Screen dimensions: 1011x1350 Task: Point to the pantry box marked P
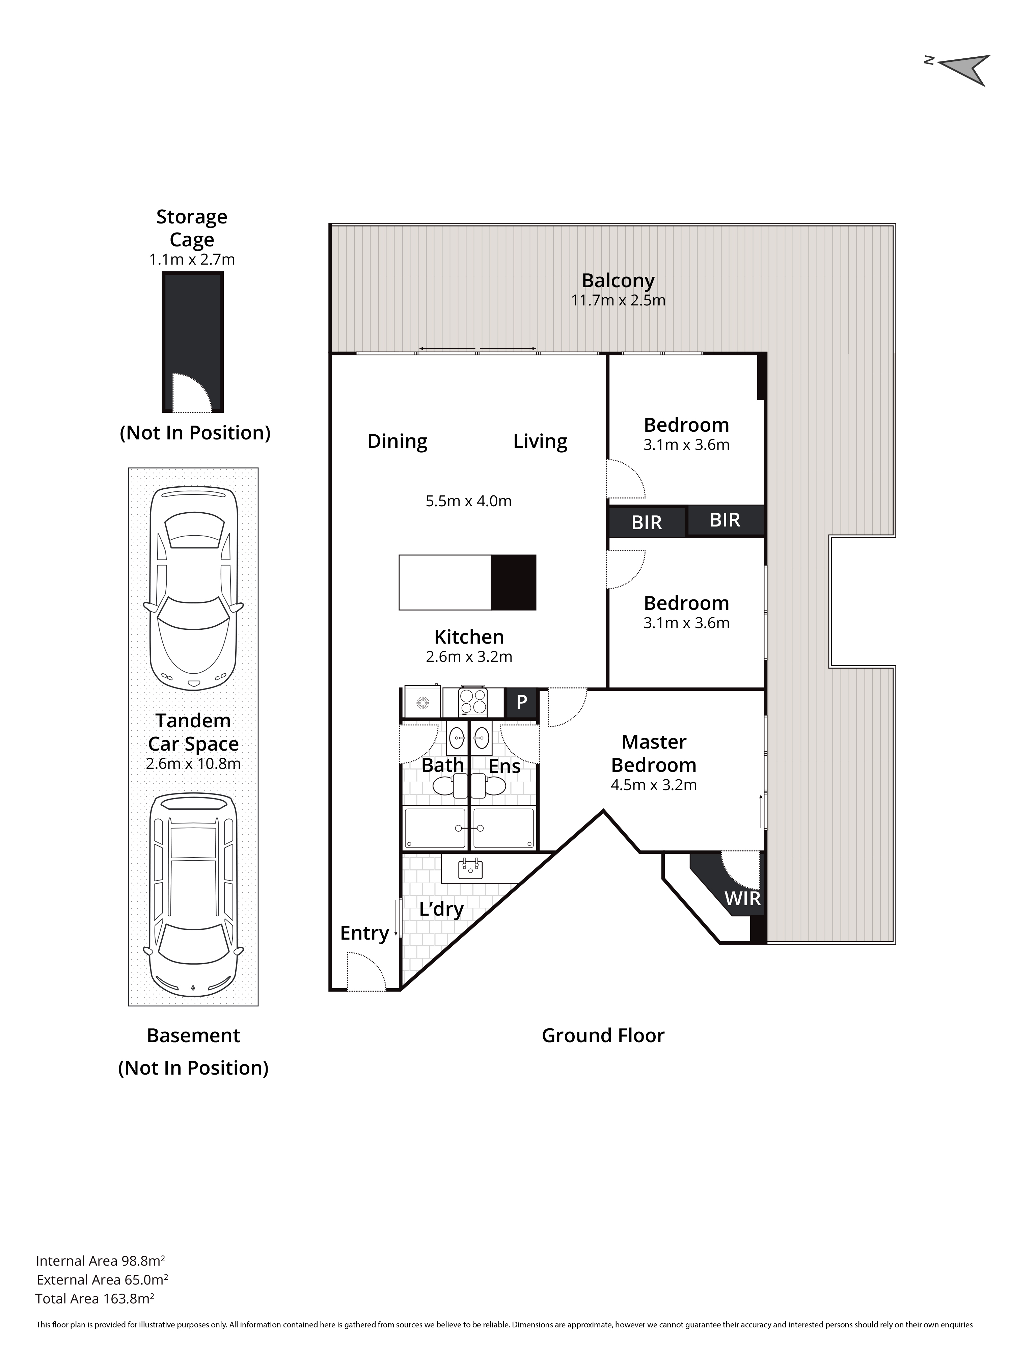(x=521, y=702)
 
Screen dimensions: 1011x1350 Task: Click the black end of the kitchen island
(x=513, y=582)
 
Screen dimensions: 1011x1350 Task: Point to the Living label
(x=540, y=441)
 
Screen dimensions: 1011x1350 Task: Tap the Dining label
(x=397, y=441)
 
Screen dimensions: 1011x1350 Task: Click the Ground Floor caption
(x=603, y=1036)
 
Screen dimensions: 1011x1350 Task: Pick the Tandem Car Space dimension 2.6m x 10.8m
(x=193, y=763)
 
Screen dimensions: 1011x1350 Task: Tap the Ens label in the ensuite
(x=504, y=766)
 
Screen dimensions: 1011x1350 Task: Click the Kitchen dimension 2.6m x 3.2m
(x=469, y=657)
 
